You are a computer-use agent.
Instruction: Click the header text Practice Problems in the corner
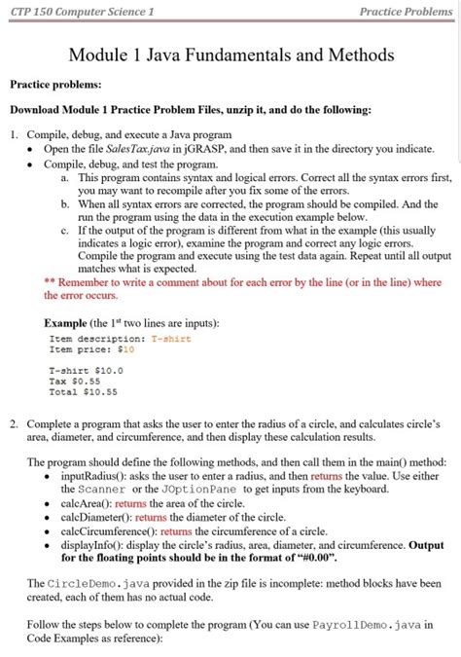406,12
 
